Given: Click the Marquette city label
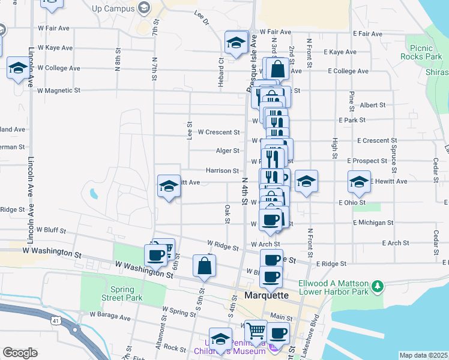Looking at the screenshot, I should click(x=267, y=295).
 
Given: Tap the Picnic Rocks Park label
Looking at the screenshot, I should click(x=424, y=52).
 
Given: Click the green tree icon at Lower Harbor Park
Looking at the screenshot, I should click(x=377, y=286).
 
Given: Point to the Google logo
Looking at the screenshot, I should click(x=20, y=353).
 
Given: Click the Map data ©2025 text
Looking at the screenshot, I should click(x=423, y=355).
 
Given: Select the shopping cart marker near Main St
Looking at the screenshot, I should click(x=256, y=331).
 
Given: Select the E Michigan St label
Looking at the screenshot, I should click(x=373, y=223).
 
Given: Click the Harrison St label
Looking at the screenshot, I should click(x=223, y=171).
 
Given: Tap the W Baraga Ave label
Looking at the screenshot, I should click(x=110, y=316).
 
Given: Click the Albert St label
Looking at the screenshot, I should click(x=373, y=105).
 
